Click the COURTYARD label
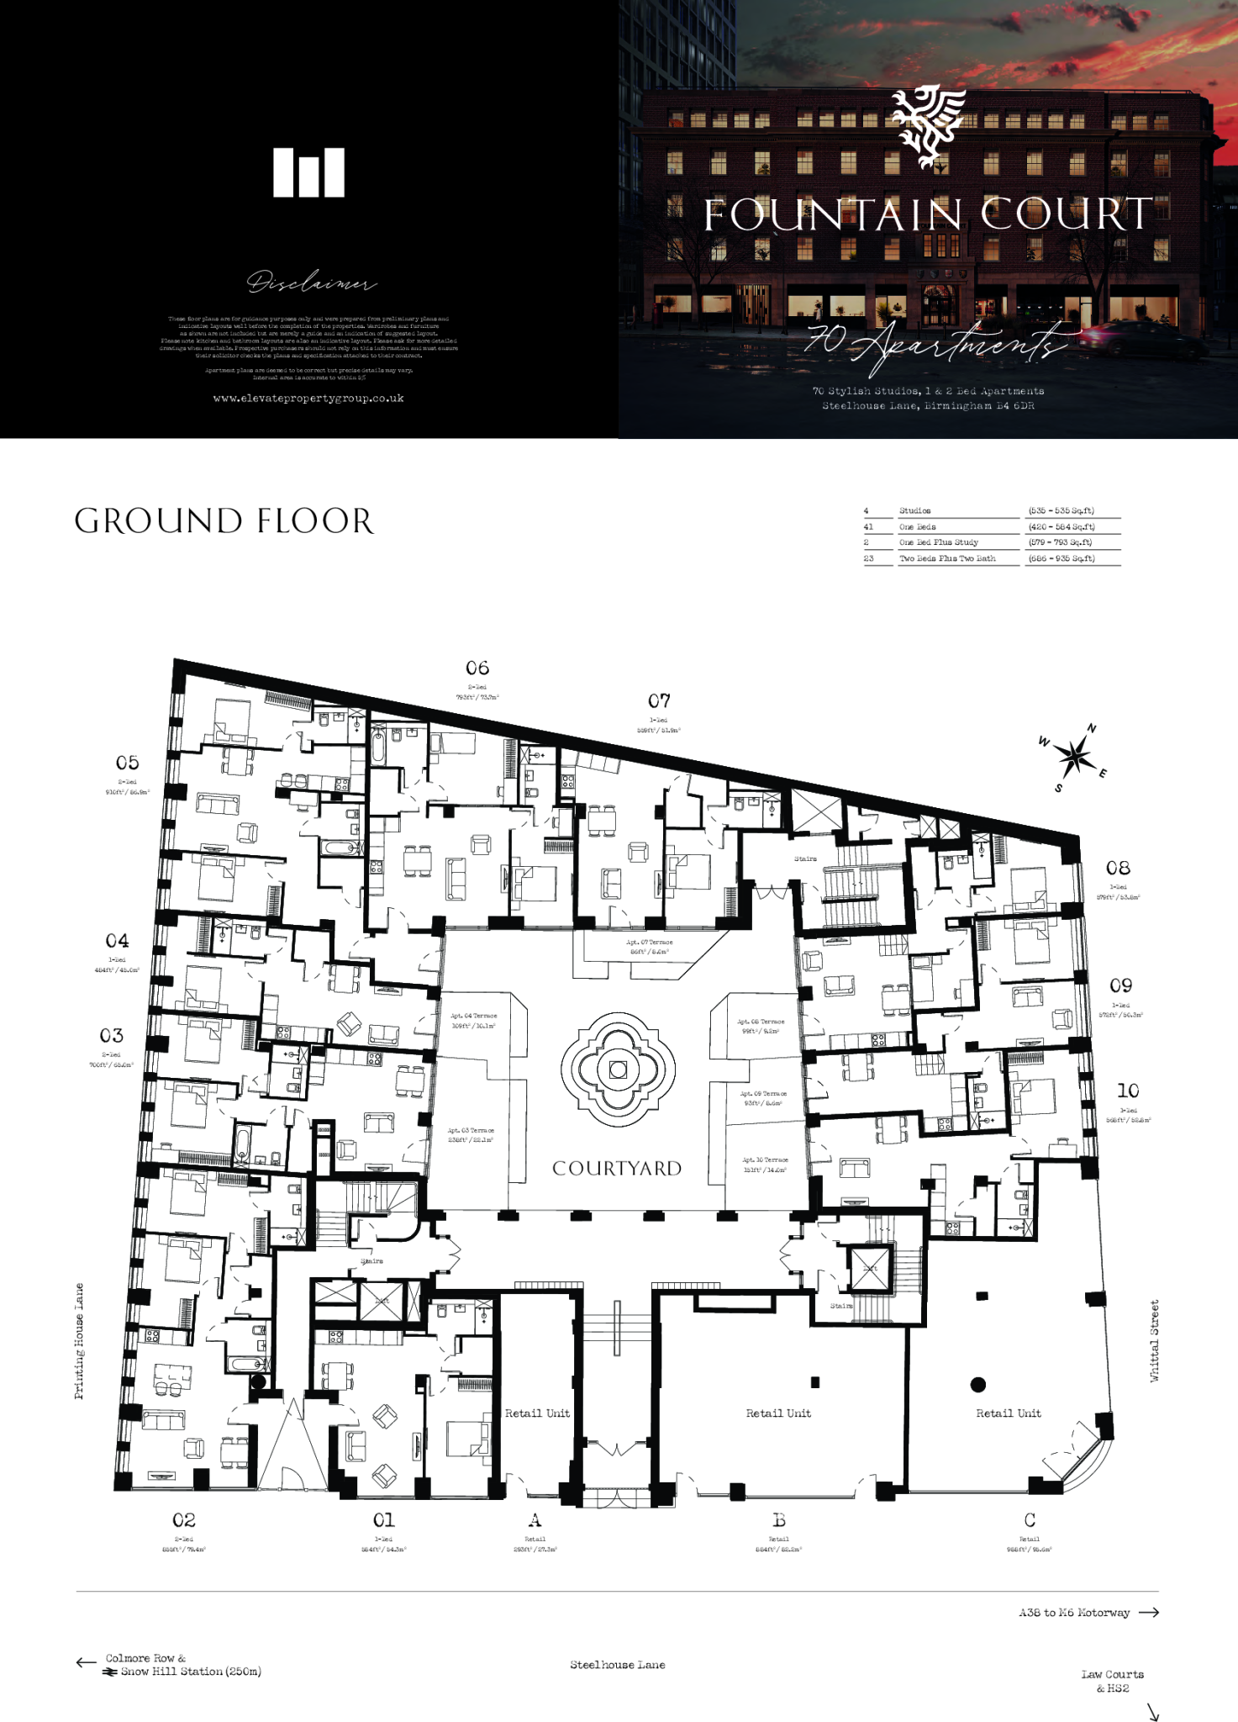617,1169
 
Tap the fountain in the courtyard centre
618,1070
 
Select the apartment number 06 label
477,668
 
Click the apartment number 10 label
1128,1091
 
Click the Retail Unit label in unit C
1008,1413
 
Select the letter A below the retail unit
535,1520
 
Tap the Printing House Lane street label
79,1341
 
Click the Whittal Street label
1155,1340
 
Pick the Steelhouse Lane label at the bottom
617,1665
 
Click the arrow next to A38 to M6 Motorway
1149,1613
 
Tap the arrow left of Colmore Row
86,1662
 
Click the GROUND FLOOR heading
224,521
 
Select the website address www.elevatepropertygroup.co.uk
308,399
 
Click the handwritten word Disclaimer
311,283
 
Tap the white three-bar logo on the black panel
308,172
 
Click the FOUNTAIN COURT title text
928,214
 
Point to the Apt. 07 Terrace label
650,943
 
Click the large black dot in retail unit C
977,1384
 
